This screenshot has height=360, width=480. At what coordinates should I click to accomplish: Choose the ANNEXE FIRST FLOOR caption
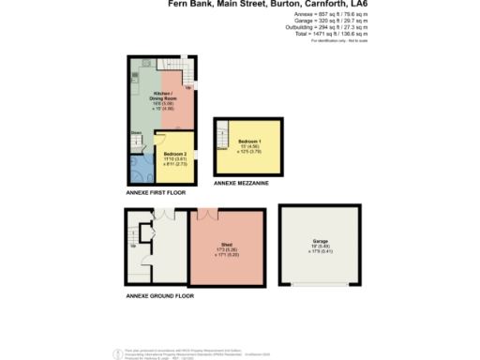pyautogui.click(x=156, y=191)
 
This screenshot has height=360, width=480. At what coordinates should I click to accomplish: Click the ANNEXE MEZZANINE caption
pyautogui.click(x=241, y=184)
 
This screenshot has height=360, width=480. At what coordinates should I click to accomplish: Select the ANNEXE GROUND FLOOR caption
pyautogui.click(x=159, y=295)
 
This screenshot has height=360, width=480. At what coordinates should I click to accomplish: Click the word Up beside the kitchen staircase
pyautogui.click(x=188, y=88)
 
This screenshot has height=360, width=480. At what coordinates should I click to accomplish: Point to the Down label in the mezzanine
pyautogui.click(x=222, y=148)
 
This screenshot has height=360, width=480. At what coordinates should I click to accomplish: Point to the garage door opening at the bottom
pyautogui.click(x=320, y=283)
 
